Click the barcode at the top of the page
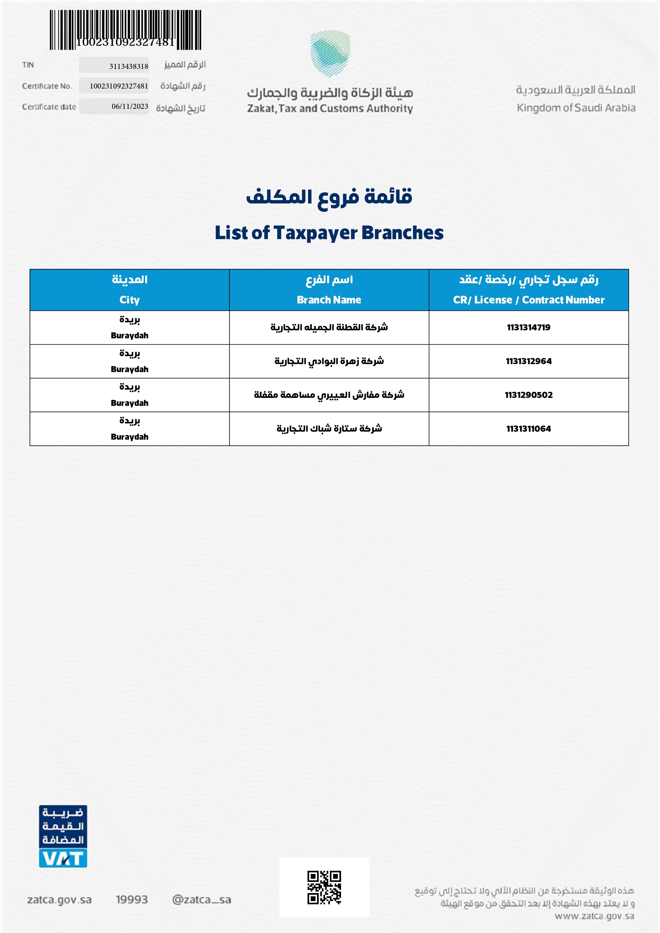pos(125,30)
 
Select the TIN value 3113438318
pos(128,66)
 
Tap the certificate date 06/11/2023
pos(130,106)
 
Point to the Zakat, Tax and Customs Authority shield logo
pos(330,54)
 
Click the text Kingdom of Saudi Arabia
pos(576,108)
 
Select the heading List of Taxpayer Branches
pos(329,233)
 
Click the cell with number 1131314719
pos(529,327)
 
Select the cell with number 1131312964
pos(529,361)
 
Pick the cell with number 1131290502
pos(529,395)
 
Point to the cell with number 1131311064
pos(529,429)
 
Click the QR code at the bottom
pos(324,888)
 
